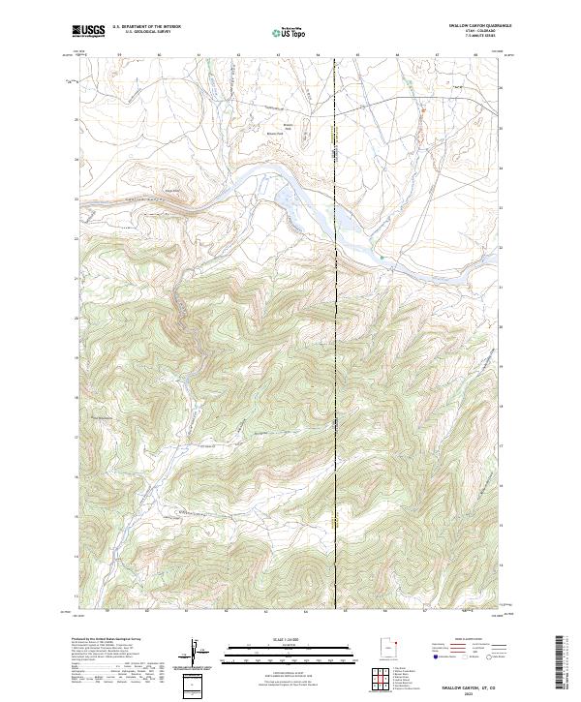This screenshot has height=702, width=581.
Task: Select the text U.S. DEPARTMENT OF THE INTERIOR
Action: click(x=145, y=27)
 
